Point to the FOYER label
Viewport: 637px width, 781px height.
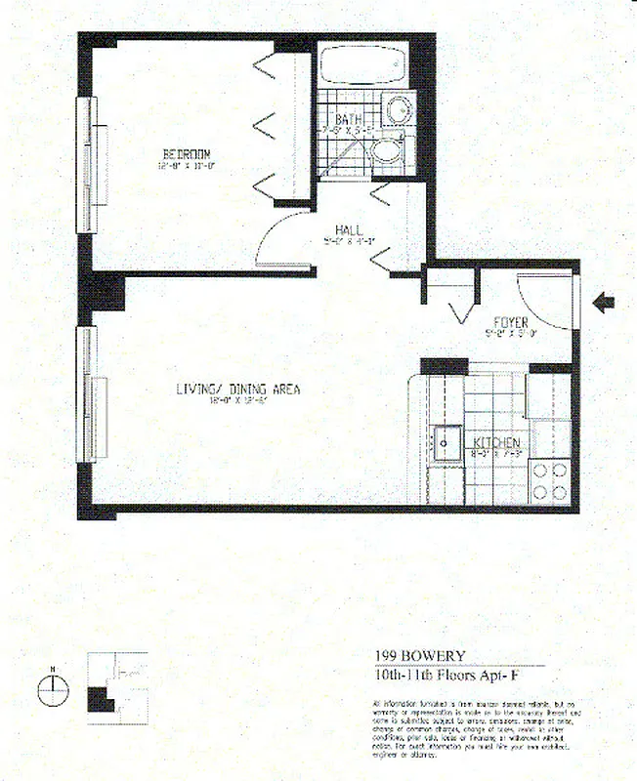(510, 321)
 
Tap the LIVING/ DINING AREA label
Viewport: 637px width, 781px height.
(237, 389)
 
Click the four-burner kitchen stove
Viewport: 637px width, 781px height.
(550, 481)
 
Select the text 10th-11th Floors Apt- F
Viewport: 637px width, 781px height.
(450, 674)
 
